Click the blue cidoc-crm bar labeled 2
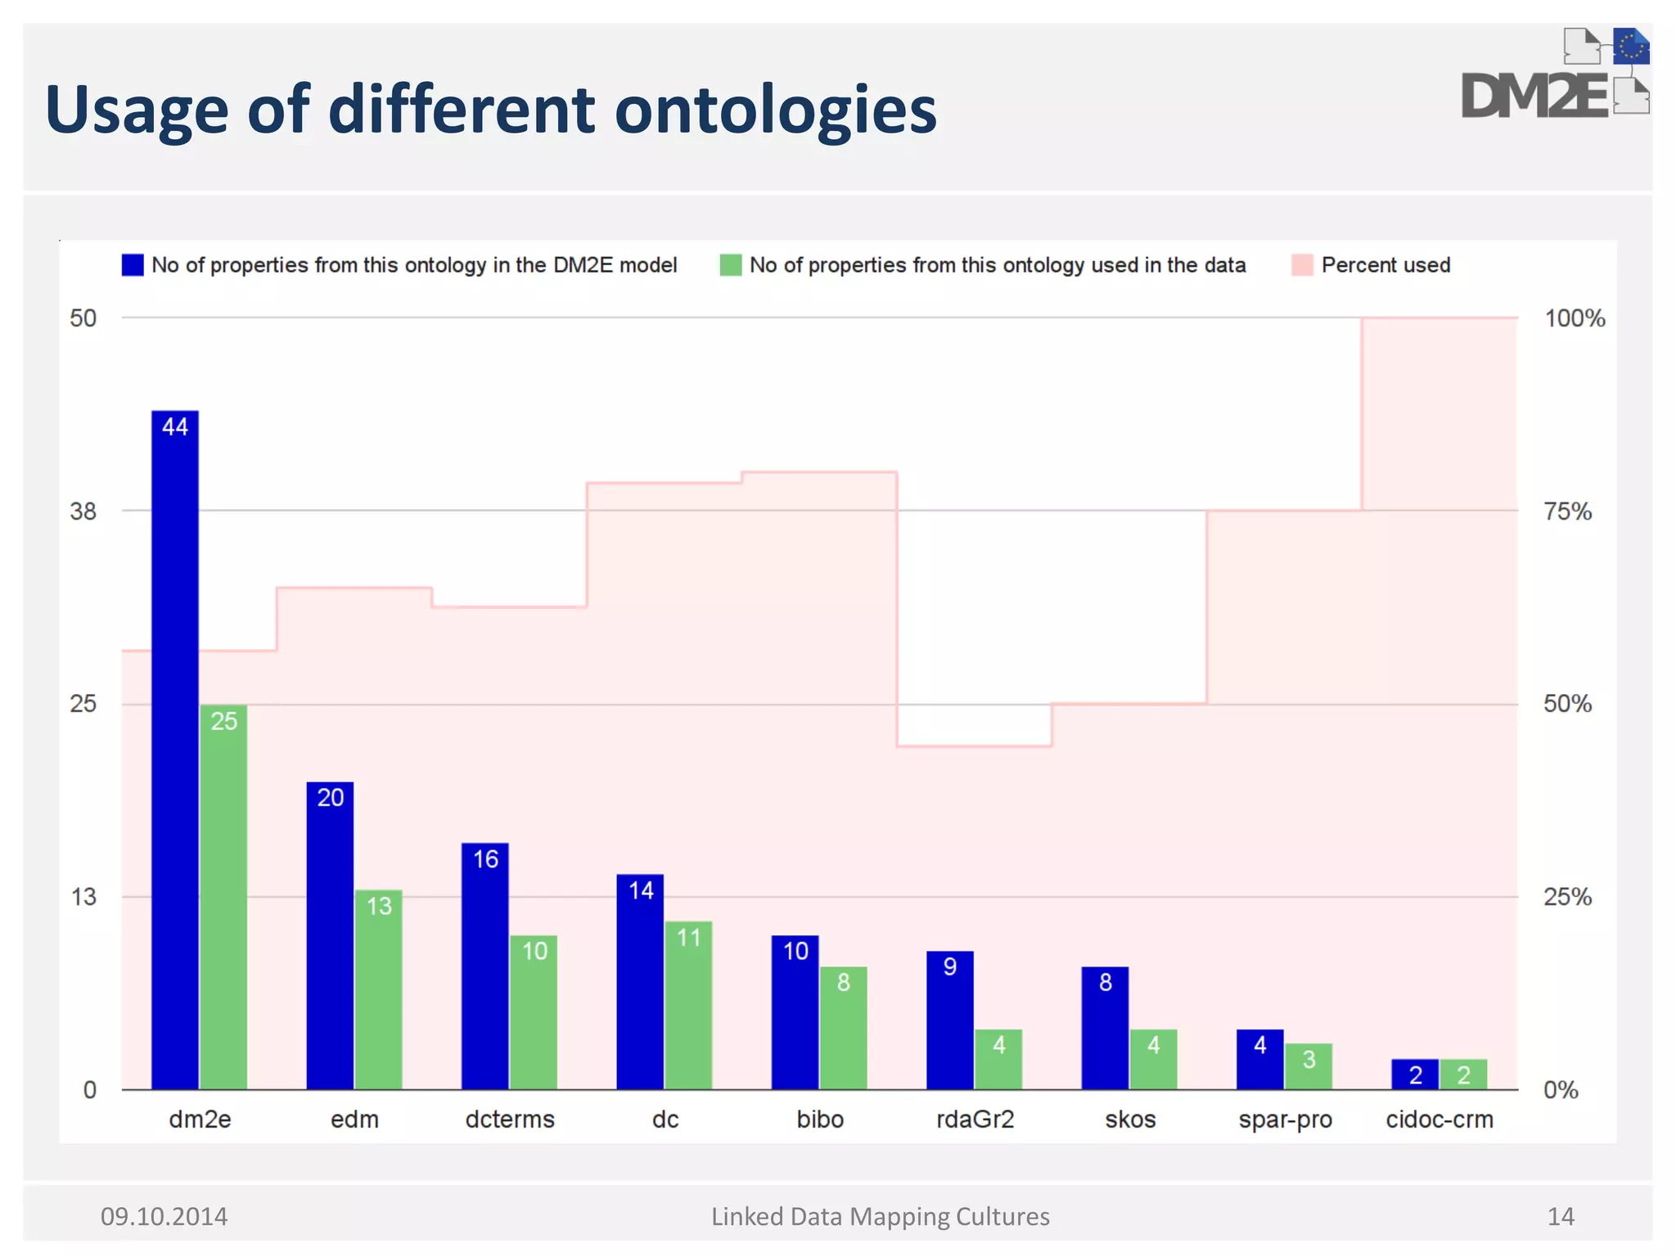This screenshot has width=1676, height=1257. coord(1415,1074)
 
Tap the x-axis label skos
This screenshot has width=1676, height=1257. coord(1130,1119)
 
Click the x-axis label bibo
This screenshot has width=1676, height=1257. coord(820,1119)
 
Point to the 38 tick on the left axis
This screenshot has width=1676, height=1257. coord(83,511)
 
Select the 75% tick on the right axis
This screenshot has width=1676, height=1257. coord(1567,511)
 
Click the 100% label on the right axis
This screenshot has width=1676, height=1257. coord(1575,318)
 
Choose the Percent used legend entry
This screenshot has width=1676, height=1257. coord(1385,265)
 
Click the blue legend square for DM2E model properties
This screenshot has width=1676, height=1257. coord(133,265)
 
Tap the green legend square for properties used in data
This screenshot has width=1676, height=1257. coord(730,265)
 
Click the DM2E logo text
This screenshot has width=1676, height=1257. coord(1534,97)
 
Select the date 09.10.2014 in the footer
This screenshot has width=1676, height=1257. coord(164,1216)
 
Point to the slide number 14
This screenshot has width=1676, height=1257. coord(1561,1216)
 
